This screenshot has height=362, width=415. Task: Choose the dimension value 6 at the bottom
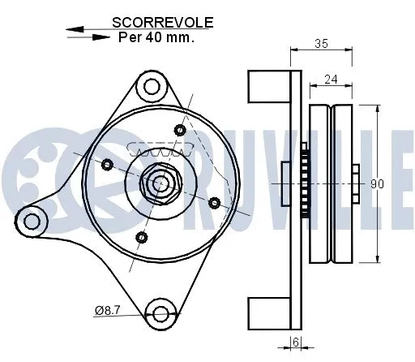click(x=297, y=343)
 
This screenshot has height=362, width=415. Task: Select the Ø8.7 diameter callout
click(x=107, y=309)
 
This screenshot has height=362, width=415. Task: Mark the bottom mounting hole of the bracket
click(x=161, y=313)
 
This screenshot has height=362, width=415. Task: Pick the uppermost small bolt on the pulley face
click(x=180, y=128)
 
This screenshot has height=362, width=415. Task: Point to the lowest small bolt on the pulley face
click(x=142, y=237)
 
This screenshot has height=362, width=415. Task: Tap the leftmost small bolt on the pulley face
click(x=106, y=164)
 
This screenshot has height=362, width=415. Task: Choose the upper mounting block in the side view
click(x=268, y=84)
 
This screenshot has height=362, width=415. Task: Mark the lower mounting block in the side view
click(x=268, y=313)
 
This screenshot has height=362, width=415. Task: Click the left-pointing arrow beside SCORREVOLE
click(x=78, y=28)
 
